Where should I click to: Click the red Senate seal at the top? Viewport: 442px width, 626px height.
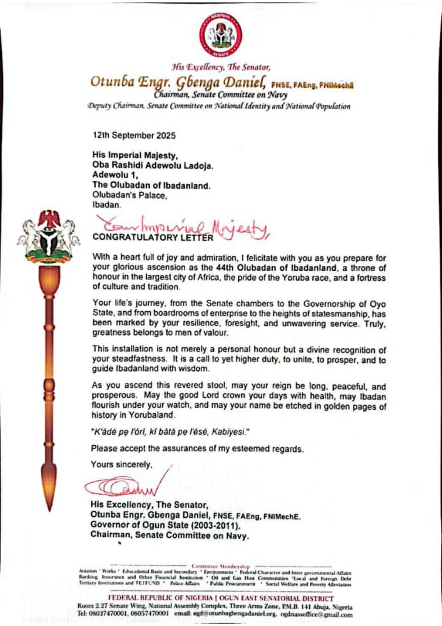tap(221, 34)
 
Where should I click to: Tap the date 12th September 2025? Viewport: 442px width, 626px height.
tap(134, 135)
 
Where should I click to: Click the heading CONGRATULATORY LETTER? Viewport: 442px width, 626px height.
tap(152, 237)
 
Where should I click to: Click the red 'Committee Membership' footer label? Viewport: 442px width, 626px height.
tap(221, 565)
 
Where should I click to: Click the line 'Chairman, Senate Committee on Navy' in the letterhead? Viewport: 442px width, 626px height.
tap(221, 94)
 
